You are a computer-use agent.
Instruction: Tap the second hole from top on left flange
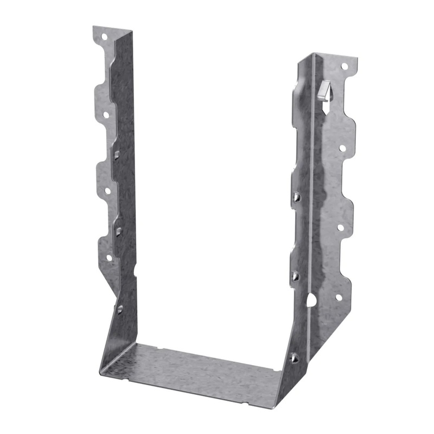106,115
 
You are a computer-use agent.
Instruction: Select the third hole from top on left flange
107,190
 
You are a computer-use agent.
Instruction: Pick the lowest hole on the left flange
108,258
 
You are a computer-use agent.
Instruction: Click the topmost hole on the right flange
344,66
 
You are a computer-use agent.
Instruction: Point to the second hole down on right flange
342,147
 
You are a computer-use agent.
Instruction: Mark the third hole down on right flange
341,227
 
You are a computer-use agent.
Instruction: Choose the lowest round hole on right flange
339,297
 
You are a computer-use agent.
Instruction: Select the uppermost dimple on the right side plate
296,197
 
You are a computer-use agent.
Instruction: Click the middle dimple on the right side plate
295,276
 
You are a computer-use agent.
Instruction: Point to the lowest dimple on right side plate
294,358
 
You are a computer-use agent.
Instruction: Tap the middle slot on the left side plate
118,232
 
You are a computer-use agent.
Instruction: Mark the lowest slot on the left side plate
120,309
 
